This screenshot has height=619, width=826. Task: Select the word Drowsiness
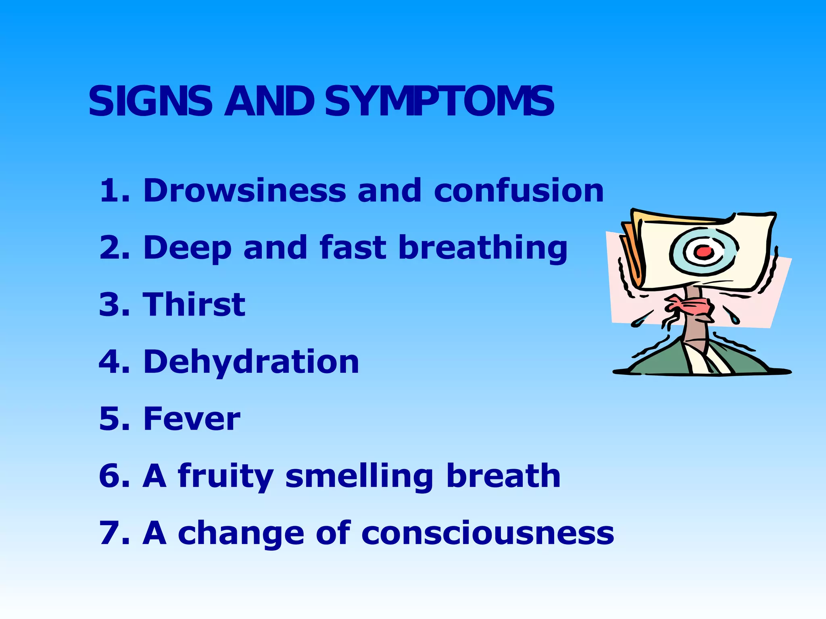(x=244, y=190)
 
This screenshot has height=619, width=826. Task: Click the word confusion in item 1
(x=519, y=190)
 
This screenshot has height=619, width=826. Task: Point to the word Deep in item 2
(x=187, y=248)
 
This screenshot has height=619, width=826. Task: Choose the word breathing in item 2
(x=483, y=248)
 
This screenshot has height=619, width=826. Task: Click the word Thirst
(x=194, y=304)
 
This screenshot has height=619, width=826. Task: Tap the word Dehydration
(x=251, y=361)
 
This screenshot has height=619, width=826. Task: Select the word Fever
(x=192, y=419)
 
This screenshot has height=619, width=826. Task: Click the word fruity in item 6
(x=226, y=477)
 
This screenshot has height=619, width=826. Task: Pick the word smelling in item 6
(x=359, y=477)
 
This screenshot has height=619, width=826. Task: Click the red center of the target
(x=704, y=252)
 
